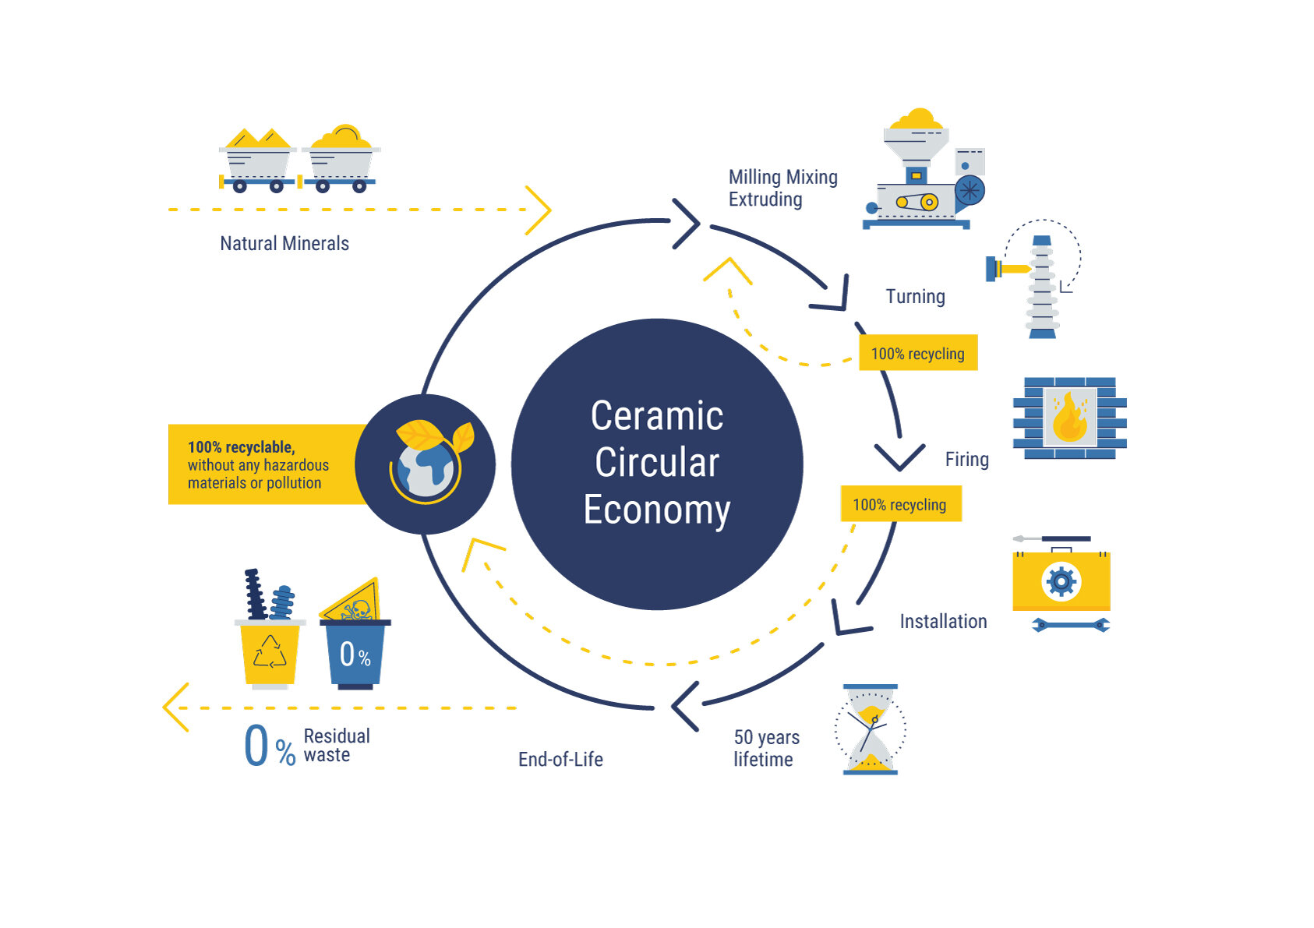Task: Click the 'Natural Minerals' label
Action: point(284,244)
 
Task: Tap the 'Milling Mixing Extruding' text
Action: point(782,189)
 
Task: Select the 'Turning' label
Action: point(915,297)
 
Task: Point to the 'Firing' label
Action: point(966,460)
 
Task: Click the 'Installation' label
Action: point(943,622)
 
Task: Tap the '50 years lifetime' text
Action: point(766,748)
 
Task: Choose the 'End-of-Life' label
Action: point(560,760)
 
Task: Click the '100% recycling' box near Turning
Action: point(917,354)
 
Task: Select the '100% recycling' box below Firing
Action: point(900,505)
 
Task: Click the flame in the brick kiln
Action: point(1069,418)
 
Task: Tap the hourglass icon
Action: point(871,729)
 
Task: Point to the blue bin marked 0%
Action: point(355,654)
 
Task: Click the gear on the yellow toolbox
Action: point(1061,581)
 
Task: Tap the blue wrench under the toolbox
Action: point(1070,625)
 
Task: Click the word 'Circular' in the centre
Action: point(657,463)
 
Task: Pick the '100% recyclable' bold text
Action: point(241,447)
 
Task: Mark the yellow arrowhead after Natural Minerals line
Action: point(539,210)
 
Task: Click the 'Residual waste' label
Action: point(337,746)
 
